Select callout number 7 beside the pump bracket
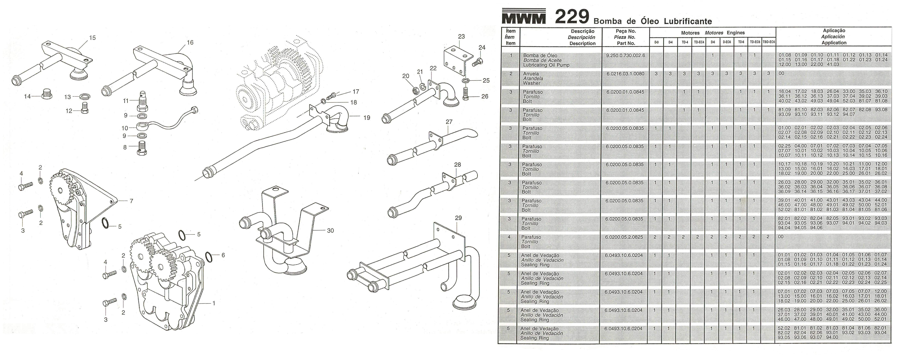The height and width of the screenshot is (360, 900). [131, 201]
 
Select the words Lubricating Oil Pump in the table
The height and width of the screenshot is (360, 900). [546, 65]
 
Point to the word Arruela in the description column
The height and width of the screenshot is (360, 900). [531, 74]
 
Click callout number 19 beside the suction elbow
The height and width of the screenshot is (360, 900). [366, 118]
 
